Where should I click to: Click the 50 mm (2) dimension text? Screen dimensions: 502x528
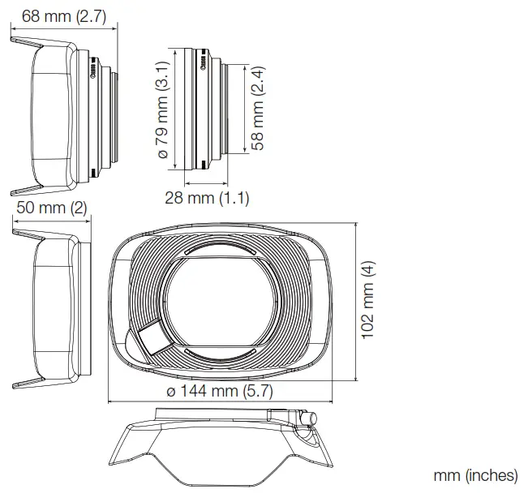pyautogui.click(x=50, y=208)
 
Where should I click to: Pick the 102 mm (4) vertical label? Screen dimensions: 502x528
pyautogui.click(x=369, y=299)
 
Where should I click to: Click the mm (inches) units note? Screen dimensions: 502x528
pyautogui.click(x=476, y=476)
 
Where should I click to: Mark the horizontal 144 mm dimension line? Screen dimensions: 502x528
pyautogui.click(x=219, y=401)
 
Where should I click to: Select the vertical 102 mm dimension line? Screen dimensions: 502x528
pyautogui.click(x=356, y=299)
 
